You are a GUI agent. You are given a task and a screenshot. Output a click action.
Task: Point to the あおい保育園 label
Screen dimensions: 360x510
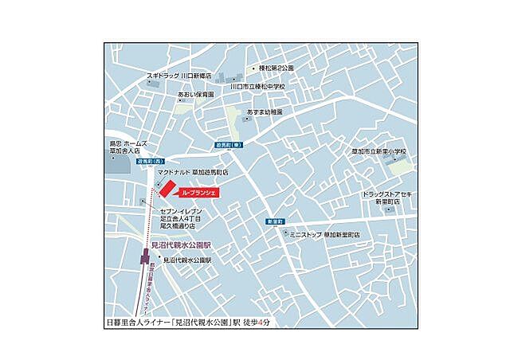click(196, 94)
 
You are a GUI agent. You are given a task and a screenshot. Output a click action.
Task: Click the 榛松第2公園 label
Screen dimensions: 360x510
click(276, 68)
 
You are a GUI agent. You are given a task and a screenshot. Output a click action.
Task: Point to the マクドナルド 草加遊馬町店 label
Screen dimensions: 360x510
click(193, 172)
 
